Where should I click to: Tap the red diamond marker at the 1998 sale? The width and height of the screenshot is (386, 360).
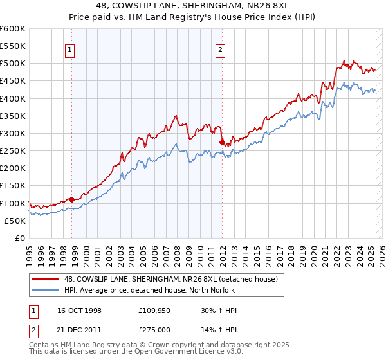[x=71, y=200]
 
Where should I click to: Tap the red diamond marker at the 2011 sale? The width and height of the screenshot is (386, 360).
[x=222, y=142]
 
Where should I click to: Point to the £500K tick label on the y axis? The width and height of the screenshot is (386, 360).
[x=13, y=64]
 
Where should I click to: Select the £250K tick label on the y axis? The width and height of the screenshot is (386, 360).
[x=13, y=151]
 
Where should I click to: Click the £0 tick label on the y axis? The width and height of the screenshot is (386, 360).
[x=19, y=239]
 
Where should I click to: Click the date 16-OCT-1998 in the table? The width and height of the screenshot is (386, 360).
[x=74, y=310]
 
